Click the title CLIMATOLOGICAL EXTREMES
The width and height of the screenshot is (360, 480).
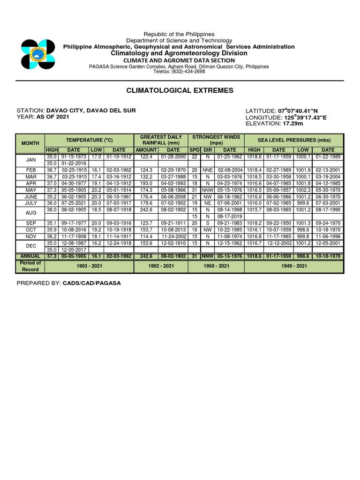coord(180,90)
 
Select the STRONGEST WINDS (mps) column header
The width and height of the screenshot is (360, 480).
coord(216,140)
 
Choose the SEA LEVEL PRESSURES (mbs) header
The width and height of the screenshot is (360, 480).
coord(293,140)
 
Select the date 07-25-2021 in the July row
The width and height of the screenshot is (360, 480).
coord(74,204)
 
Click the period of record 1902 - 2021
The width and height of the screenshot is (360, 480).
coord(161,266)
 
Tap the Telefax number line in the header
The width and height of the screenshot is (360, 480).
coord(179,72)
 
